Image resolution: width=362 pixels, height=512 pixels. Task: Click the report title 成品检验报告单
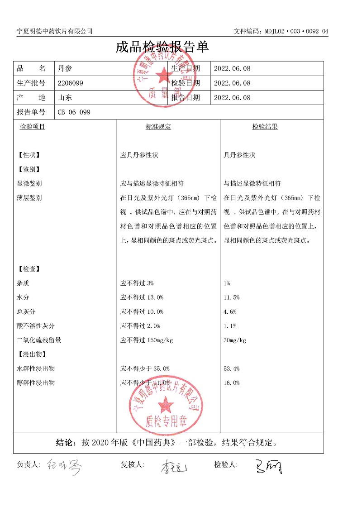tap(162, 48)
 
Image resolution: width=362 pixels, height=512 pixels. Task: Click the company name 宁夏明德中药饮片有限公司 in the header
tap(55, 31)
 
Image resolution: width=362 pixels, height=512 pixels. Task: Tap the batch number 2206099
tap(71, 83)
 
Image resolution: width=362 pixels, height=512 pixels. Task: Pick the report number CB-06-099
tap(74, 112)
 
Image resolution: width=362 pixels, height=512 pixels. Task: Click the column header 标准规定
tap(158, 127)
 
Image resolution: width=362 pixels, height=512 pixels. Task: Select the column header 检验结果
tap(265, 127)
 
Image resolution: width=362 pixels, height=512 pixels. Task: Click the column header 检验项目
tap(33, 127)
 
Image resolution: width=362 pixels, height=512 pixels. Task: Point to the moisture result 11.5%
tap(231, 297)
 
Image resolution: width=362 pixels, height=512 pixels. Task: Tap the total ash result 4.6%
tap(230, 312)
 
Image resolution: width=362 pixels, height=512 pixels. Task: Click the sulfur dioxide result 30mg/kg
tap(235, 340)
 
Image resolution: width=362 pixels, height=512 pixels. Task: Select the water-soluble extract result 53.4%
tap(231, 369)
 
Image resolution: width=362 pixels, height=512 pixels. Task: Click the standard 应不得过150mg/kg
tap(147, 340)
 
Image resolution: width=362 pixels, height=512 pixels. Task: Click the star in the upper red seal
tap(162, 74)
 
